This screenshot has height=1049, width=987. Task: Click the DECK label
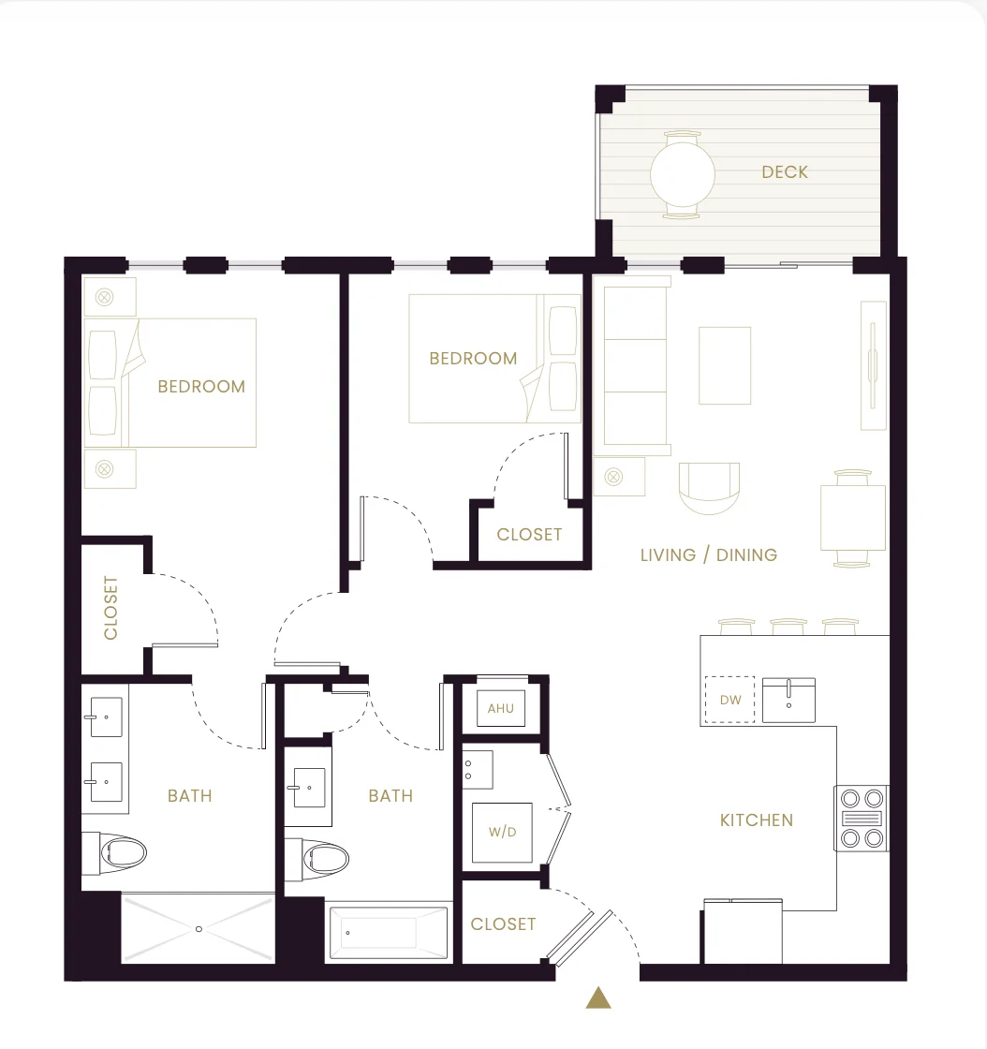coord(785,172)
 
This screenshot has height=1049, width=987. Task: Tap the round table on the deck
coord(682,174)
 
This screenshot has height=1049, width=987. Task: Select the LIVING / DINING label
coord(709,554)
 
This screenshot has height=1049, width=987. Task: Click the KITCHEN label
coord(757,820)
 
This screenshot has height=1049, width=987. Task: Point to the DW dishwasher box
coord(729,700)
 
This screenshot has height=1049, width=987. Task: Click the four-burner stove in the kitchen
coord(862,819)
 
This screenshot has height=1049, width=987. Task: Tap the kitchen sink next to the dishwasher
coord(788,700)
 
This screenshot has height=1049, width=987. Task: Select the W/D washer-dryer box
coord(502,833)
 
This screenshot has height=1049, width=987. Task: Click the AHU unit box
coord(501,708)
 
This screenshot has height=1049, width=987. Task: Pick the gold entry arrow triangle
coord(598,997)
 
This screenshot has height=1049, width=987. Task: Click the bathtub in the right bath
coord(389,932)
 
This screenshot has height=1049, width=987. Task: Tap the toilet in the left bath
coord(114,853)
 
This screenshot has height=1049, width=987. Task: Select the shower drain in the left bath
coord(199,929)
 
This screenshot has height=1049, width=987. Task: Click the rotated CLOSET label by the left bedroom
coord(111,608)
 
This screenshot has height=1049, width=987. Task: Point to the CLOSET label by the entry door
coord(503,923)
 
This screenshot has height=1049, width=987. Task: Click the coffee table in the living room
coord(725,365)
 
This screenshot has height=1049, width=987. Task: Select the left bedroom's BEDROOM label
coord(201,386)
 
